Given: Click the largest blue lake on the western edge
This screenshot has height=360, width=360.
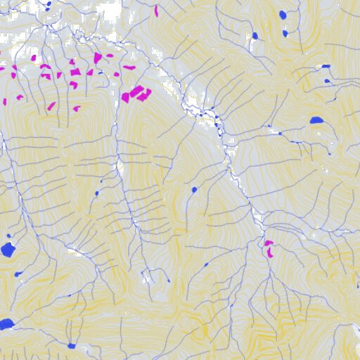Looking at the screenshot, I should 8,249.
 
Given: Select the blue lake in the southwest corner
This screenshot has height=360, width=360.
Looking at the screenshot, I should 6,323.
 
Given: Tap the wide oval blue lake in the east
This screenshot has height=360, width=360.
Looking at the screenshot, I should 316,120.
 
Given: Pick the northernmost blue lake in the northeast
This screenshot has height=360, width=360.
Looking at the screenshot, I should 283,15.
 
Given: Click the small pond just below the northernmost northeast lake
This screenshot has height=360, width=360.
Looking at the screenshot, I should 285,32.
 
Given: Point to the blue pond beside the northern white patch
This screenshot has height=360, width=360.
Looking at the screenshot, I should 255,36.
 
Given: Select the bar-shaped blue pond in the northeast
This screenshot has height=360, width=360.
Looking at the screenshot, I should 326,66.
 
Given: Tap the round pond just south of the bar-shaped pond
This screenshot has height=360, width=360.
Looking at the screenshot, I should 328,81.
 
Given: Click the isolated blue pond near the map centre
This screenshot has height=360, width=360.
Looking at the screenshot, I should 194,190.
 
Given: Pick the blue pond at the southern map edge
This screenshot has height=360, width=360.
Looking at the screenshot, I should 72,346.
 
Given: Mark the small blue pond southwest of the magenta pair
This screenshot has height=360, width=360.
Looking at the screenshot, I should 207,265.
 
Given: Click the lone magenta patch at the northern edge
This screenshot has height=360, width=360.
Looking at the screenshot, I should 156,11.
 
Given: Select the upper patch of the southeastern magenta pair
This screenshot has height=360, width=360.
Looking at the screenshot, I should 268,243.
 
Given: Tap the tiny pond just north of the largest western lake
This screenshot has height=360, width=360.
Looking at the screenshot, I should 8,236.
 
